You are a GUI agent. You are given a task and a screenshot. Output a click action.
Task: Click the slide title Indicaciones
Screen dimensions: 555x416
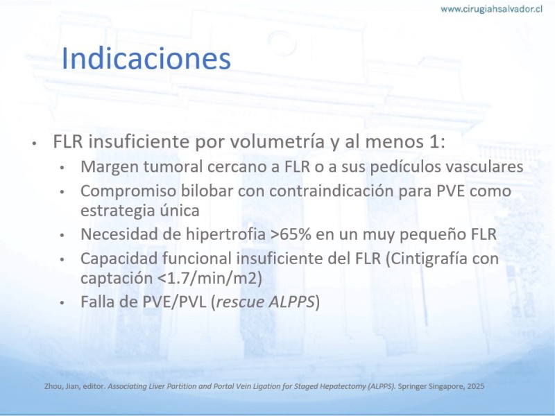(x=146, y=58)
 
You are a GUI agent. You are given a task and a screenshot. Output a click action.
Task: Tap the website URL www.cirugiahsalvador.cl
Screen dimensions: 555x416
(x=491, y=9)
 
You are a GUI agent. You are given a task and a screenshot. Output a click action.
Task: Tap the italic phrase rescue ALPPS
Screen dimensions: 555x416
(x=265, y=302)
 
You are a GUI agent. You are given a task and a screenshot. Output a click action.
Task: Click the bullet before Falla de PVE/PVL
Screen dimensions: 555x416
(x=62, y=303)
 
